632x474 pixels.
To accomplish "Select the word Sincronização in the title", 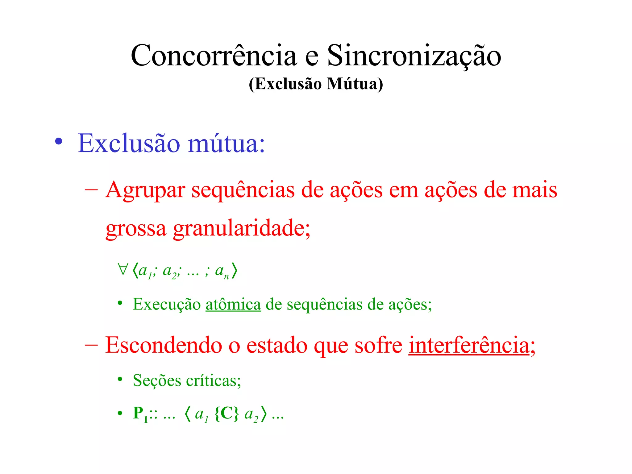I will click(x=414, y=56).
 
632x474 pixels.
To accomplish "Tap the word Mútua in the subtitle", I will click(x=355, y=84).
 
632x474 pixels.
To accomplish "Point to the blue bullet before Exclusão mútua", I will click(x=59, y=142).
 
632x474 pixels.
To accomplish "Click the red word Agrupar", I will click(x=145, y=190).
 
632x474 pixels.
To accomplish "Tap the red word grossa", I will click(x=136, y=229).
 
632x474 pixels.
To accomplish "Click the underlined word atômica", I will click(x=233, y=304).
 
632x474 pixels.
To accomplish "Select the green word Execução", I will click(x=167, y=305).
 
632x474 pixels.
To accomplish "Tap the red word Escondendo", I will click(x=164, y=345).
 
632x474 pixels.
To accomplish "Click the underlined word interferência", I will click(x=469, y=345).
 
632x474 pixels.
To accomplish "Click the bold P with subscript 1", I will click(x=140, y=414).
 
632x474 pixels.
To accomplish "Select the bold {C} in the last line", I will click(x=227, y=414).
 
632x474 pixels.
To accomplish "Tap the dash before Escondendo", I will click(x=91, y=345).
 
